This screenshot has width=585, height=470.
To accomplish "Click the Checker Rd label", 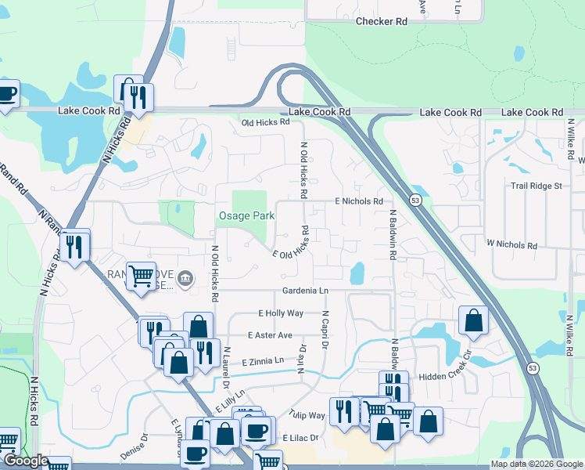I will [382, 22].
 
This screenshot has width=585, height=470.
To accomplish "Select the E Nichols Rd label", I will [359, 201].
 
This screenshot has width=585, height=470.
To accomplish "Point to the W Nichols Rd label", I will [511, 245].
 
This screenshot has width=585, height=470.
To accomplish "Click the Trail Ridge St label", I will [536, 186].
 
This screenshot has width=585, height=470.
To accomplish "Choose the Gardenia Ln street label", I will [305, 291].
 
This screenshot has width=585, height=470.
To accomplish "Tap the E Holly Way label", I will [281, 313].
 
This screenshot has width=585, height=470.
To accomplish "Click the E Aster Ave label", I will [270, 335].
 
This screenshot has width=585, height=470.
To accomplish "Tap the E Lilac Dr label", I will [302, 437].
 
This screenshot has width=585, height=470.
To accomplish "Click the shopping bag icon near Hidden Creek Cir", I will [473, 320].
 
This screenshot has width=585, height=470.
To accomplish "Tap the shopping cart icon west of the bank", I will [141, 275].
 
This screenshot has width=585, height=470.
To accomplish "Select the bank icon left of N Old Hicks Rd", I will [185, 278].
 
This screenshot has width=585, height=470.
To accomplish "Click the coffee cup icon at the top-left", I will [6, 94].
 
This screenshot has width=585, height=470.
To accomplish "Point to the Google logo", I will [25, 461].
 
